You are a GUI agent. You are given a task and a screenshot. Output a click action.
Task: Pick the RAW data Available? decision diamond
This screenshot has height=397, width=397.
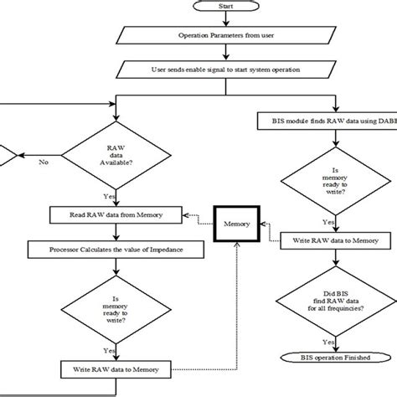pyautogui.click(x=114, y=154)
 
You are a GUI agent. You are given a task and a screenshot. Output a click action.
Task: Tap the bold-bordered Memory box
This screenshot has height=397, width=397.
pyautogui.click(x=232, y=224)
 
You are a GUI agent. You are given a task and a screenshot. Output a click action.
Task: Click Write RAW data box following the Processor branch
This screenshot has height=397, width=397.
pyautogui.click(x=114, y=368)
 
